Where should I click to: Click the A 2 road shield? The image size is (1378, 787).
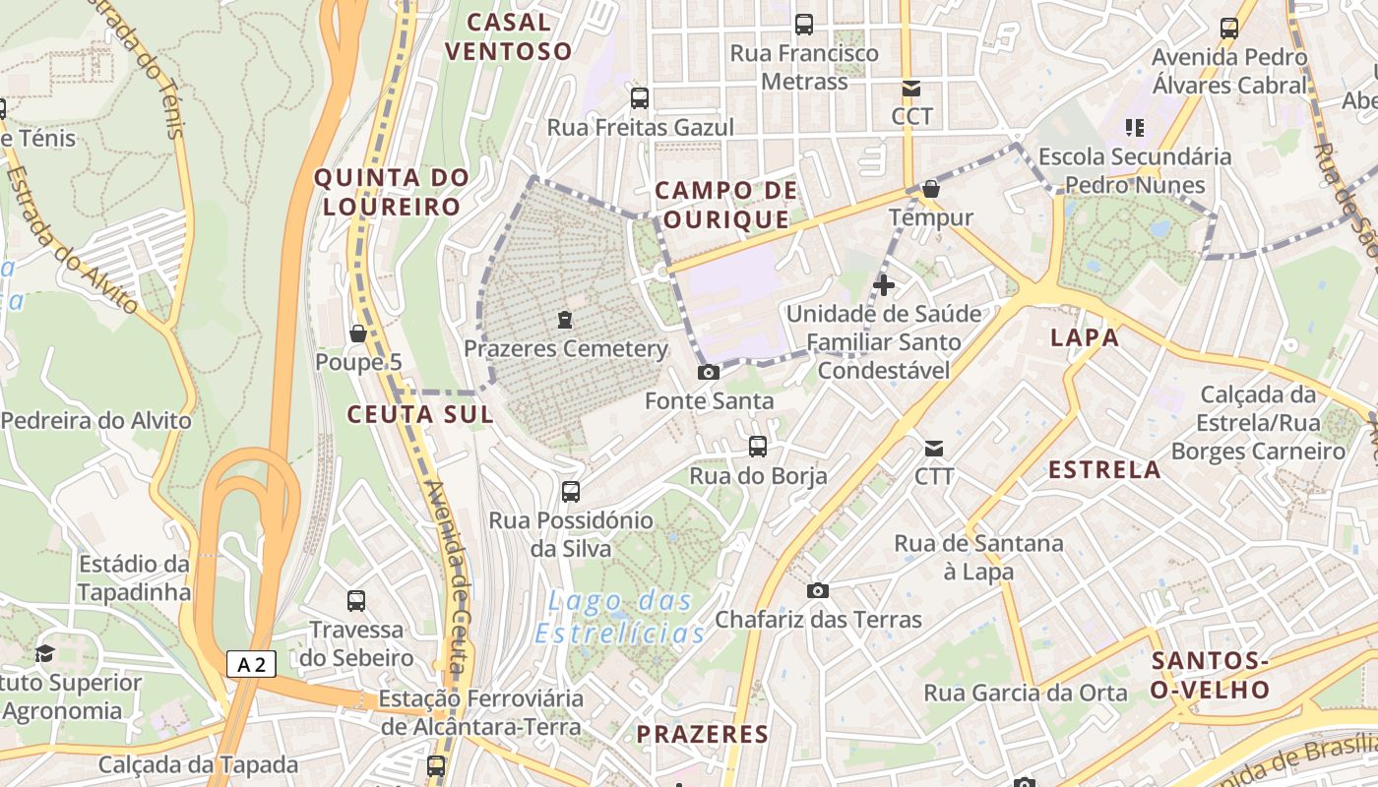[251, 664]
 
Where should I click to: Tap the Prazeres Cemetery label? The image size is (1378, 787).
[565, 349]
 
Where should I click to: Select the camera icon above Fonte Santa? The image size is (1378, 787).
[708, 372]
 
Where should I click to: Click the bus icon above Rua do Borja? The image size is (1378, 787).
[758, 446]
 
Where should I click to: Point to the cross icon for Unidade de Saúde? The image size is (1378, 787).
[884, 285]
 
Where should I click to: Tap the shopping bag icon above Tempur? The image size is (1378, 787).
[931, 188]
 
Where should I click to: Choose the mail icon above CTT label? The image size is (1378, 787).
[933, 449]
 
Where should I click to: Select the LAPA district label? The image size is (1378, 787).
[1085, 337]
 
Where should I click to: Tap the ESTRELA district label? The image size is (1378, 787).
[1104, 469]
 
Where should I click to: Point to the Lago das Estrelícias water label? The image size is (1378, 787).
[620, 617]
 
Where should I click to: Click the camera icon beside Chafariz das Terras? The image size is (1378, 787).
[817, 590]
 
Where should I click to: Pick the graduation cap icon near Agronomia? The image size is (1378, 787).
[44, 653]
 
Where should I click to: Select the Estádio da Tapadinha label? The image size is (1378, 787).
[133, 578]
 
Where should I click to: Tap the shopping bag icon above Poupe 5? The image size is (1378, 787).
[358, 333]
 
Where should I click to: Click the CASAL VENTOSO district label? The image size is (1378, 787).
[508, 36]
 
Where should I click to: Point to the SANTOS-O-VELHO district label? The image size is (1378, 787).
[1210, 674]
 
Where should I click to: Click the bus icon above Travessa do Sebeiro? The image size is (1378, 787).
[356, 600]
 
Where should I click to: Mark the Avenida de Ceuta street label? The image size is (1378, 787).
[445, 575]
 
